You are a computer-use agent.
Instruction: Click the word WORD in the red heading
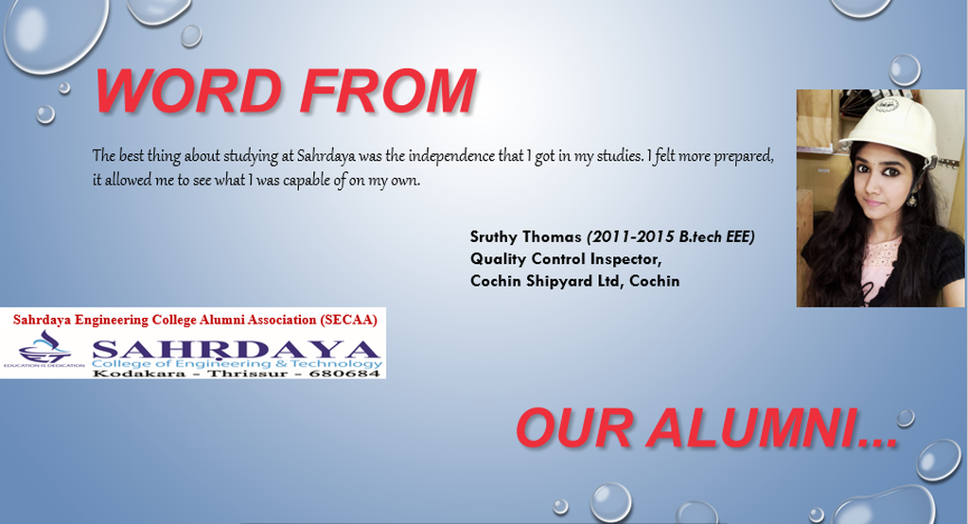click(x=188, y=91)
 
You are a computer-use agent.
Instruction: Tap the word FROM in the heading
click(x=388, y=91)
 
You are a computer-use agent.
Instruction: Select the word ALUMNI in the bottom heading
click(x=772, y=428)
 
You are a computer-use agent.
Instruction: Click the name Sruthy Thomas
click(x=525, y=237)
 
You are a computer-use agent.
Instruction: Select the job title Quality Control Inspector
click(x=566, y=258)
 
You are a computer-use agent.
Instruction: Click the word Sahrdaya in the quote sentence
click(x=326, y=156)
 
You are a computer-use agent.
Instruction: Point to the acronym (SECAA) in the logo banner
click(x=348, y=320)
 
